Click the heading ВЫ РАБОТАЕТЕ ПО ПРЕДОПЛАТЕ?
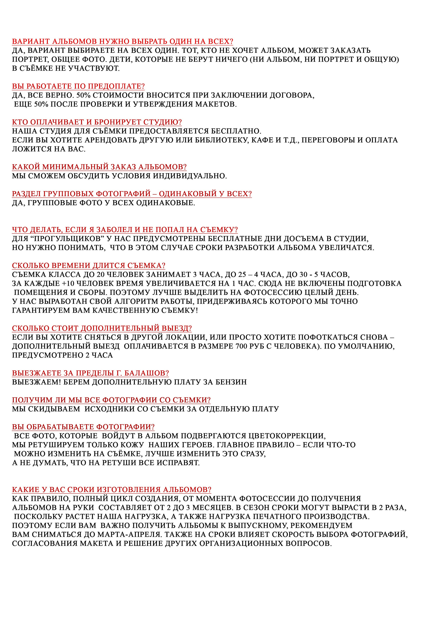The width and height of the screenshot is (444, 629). click(78, 86)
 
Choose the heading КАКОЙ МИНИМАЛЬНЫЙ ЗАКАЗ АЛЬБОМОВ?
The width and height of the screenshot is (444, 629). click(99, 167)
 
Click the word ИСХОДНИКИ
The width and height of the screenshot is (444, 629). click(108, 409)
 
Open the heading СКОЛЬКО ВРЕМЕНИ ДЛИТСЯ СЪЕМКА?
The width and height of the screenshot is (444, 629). click(89, 265)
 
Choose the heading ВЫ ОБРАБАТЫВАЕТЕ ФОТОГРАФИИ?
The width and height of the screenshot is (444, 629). click(83, 427)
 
